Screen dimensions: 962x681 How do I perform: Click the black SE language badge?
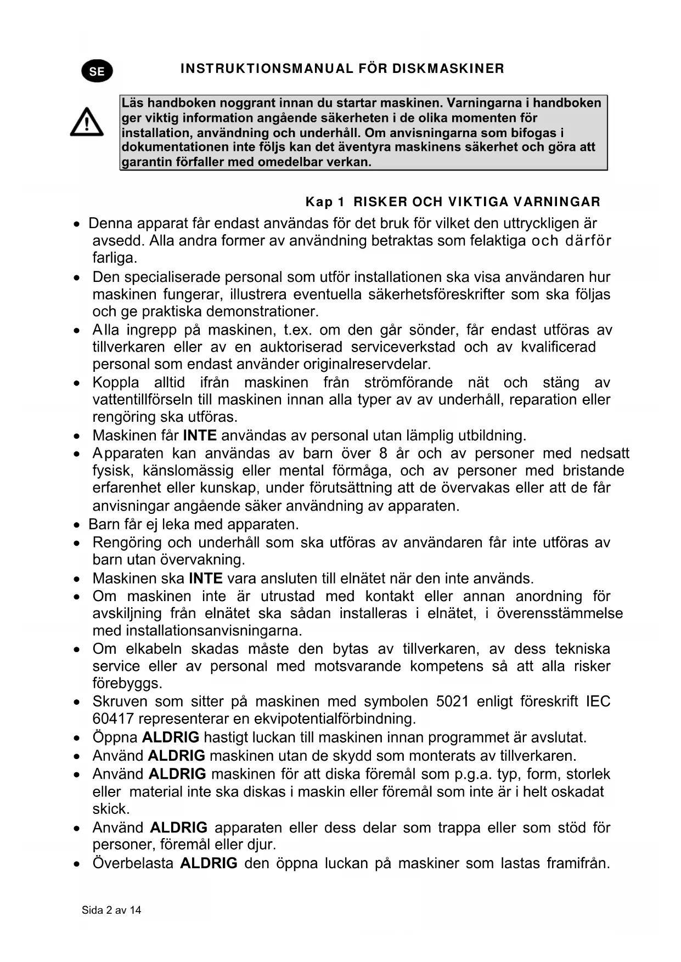(97, 71)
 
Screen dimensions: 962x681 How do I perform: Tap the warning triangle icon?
(87, 122)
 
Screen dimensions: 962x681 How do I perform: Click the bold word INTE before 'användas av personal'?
(200, 435)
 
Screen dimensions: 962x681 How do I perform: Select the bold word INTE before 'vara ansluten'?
(206, 579)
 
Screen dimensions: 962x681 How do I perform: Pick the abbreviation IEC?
(598, 701)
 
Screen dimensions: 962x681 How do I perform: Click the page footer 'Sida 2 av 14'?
(111, 910)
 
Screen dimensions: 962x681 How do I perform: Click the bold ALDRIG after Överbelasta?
(209, 863)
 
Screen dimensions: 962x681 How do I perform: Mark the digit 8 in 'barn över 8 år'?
(383, 454)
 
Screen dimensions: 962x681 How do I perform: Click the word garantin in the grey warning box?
(144, 162)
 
